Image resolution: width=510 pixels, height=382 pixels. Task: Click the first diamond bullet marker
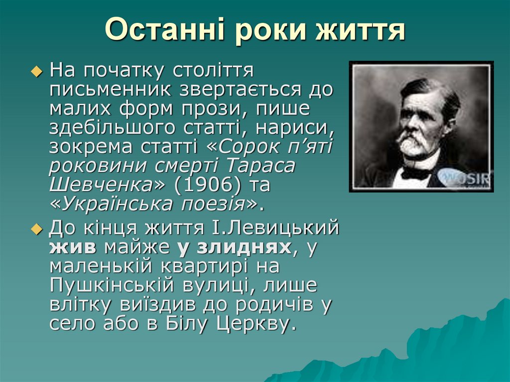(x=35, y=73)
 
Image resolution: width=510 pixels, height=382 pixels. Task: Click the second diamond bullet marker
(x=35, y=230)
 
